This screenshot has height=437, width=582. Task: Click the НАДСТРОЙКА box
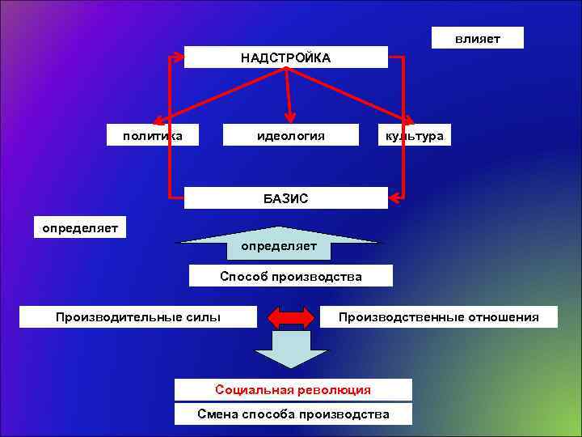tap(285, 57)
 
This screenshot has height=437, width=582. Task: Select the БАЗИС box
tap(285, 198)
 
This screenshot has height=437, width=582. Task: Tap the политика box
tap(153, 136)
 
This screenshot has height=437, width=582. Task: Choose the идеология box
tap(290, 136)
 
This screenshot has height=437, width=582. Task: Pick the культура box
tap(414, 136)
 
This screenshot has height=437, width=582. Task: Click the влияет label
tap(477, 38)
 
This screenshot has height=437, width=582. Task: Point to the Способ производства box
tap(290, 277)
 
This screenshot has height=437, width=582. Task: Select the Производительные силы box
tap(137, 316)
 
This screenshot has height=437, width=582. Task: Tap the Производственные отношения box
tap(438, 316)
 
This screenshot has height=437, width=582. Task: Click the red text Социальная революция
tap(293, 390)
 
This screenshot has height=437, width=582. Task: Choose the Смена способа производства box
tap(293, 414)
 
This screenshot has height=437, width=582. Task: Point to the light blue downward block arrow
tap(291, 352)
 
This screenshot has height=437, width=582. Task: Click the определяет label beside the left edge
tap(80, 227)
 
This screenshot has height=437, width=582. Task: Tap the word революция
tap(333, 390)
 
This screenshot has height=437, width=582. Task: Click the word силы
tap(203, 316)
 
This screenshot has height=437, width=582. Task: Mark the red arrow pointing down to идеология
tap(289, 94)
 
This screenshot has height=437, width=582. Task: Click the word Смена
tap(217, 414)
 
